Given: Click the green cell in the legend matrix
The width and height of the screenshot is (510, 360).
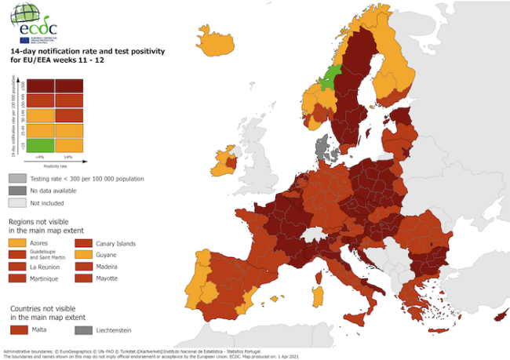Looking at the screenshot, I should [42, 145].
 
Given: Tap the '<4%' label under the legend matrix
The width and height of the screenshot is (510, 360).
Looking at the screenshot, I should [42, 158].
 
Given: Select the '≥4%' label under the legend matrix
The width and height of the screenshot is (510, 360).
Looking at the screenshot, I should [67, 158].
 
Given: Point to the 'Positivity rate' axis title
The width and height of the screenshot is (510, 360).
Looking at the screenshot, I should [55, 165].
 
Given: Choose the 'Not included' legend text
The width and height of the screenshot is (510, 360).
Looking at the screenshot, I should [47, 202].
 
